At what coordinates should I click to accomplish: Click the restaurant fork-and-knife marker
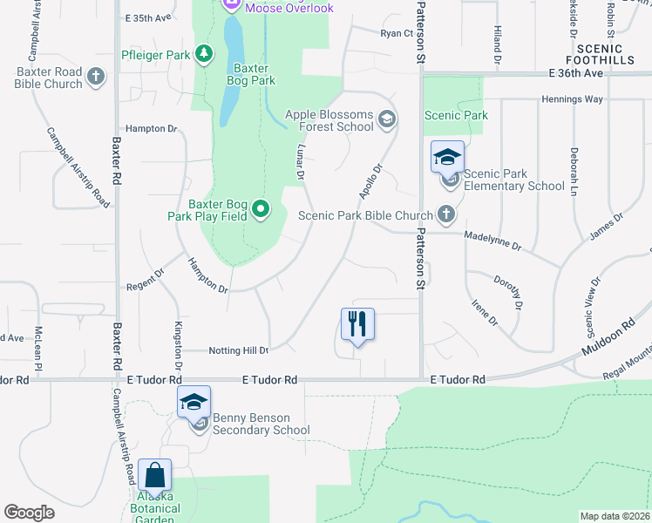(357, 324)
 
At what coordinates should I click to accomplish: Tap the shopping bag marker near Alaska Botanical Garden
(154, 476)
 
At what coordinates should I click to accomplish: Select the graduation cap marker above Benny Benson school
(194, 402)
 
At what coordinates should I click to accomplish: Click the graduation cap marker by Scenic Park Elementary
(447, 158)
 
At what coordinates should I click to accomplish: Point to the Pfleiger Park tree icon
(204, 55)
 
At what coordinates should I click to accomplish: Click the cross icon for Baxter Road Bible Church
(96, 78)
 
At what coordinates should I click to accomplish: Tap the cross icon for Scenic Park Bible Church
(446, 214)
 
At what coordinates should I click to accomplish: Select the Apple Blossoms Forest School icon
(386, 120)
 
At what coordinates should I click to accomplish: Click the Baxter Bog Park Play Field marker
(260, 210)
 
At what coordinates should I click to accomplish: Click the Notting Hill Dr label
(239, 350)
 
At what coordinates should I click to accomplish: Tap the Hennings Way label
(572, 99)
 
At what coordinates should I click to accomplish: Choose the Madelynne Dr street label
(492, 241)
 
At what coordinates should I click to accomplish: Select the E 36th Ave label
(576, 74)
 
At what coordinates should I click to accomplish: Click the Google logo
(30, 513)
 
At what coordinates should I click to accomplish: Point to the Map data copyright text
(614, 516)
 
